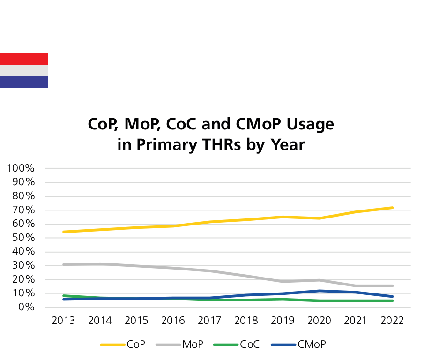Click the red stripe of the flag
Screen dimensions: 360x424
pyautogui.click(x=23, y=59)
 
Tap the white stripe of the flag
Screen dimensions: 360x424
pyautogui.click(x=23, y=70)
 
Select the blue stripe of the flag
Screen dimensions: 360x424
pyautogui.click(x=23, y=82)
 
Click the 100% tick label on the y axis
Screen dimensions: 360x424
pyautogui.click(x=20, y=168)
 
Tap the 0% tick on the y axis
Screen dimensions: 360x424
pyautogui.click(x=25, y=307)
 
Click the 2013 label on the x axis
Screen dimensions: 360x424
pyautogui.click(x=64, y=321)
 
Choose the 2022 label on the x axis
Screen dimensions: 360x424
pyautogui.click(x=392, y=321)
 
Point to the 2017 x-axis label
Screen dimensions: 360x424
pyautogui.click(x=210, y=321)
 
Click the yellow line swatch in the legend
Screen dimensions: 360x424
pyautogui.click(x=113, y=345)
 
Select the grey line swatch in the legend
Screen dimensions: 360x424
pyautogui.click(x=168, y=345)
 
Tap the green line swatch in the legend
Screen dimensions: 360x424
pyautogui.click(x=226, y=345)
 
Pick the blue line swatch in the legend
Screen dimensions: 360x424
pyautogui.click(x=283, y=345)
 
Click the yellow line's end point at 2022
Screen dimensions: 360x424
pyautogui.click(x=392, y=207)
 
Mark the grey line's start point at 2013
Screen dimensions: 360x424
pyautogui.click(x=64, y=264)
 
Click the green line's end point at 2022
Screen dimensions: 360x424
pyautogui.click(x=392, y=300)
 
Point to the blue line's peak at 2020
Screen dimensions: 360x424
pyautogui.click(x=320, y=291)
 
